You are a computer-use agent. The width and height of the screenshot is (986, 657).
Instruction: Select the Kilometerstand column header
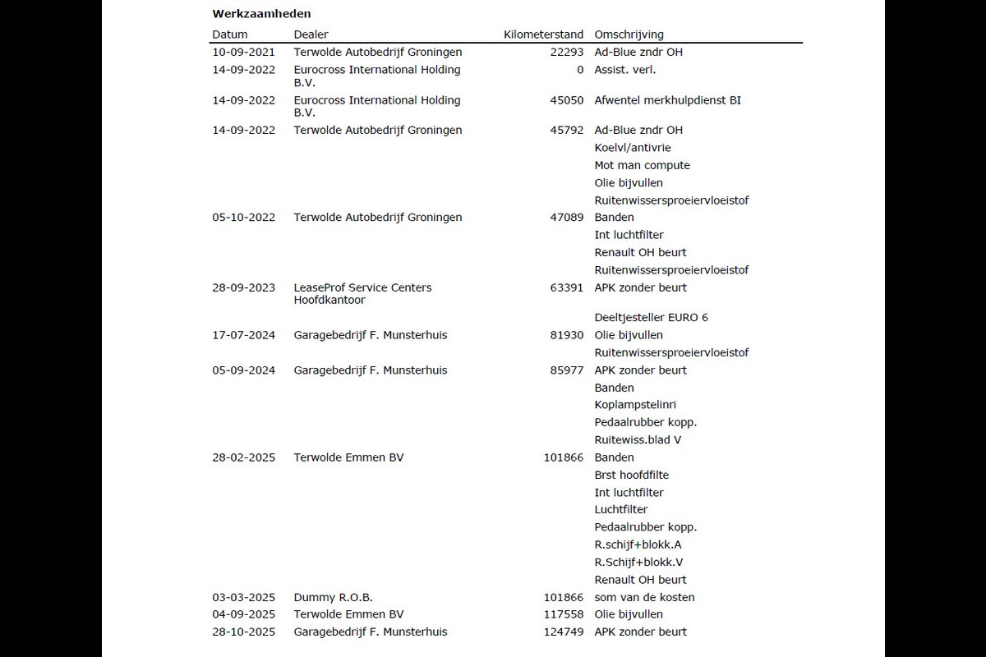[543, 34]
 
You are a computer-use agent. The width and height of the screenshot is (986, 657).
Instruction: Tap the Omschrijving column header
[629, 34]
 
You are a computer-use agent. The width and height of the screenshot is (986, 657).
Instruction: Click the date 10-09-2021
[243, 52]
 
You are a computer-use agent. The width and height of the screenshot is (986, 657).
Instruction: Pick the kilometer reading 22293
[567, 52]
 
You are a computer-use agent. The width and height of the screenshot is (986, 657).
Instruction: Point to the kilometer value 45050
[567, 100]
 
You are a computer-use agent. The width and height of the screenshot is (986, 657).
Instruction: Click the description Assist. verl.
[624, 70]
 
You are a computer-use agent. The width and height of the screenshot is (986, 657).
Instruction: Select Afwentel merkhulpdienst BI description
[667, 100]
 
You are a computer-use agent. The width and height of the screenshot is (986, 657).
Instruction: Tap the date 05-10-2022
[243, 218]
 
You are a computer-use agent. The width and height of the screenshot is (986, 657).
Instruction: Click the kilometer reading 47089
[567, 218]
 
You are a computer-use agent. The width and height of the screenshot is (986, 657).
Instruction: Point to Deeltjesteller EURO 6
[651, 317]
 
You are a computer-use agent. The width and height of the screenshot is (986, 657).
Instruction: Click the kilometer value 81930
[567, 335]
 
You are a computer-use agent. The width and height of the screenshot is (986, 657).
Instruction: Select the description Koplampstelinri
[635, 405]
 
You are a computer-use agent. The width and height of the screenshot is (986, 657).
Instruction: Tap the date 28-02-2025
[243, 457]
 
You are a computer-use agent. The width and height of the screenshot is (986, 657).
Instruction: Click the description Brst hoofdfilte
[631, 475]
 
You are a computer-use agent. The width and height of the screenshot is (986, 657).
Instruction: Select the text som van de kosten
[644, 597]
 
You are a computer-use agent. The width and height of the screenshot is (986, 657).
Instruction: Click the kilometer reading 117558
[564, 614]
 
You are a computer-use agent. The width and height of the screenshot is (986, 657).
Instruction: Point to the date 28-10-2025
[243, 632]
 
